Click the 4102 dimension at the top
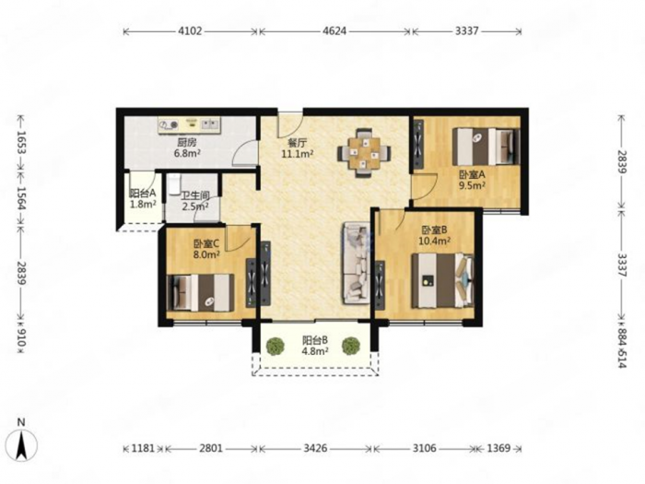pos(190,30)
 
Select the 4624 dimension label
pos(334,30)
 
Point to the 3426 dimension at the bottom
pos(315,448)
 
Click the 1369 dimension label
pos(498,448)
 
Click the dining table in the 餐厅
pos(364,153)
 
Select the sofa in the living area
pos(356,264)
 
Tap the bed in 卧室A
pos(486,147)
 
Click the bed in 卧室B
pos(442,280)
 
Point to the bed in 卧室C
pos(201,292)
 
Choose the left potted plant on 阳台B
pos(275,346)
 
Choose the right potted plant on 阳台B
pos(351,346)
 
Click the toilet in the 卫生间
pos(174,183)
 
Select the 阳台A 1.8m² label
pos(143,198)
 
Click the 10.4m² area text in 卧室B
pos(434,241)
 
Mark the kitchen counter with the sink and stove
pos(189,125)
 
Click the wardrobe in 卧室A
pos(418,145)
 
